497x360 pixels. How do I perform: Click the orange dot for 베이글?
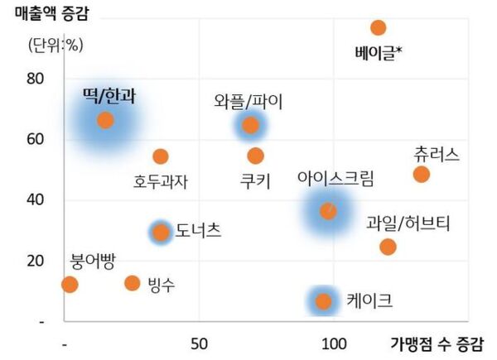coord(379,27)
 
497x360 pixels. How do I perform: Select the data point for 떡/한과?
coord(105,120)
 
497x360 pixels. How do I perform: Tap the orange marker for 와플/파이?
coord(250,126)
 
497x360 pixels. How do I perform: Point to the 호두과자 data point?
coord(161,156)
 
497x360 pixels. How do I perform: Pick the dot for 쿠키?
coord(255,156)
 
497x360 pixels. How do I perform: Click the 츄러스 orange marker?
coord(421,174)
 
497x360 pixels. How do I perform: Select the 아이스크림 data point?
coord(329,211)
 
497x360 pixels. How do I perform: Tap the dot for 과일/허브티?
coord(388,247)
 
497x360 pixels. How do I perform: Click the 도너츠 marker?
coord(161,232)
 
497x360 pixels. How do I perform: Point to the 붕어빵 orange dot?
coord(70,285)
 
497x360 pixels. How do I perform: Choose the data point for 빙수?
coord(132,283)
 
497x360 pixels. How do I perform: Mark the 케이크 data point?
coord(324,301)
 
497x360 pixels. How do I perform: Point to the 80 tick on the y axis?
coord(34,79)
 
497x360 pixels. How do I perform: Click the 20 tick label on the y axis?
coord(34,261)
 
